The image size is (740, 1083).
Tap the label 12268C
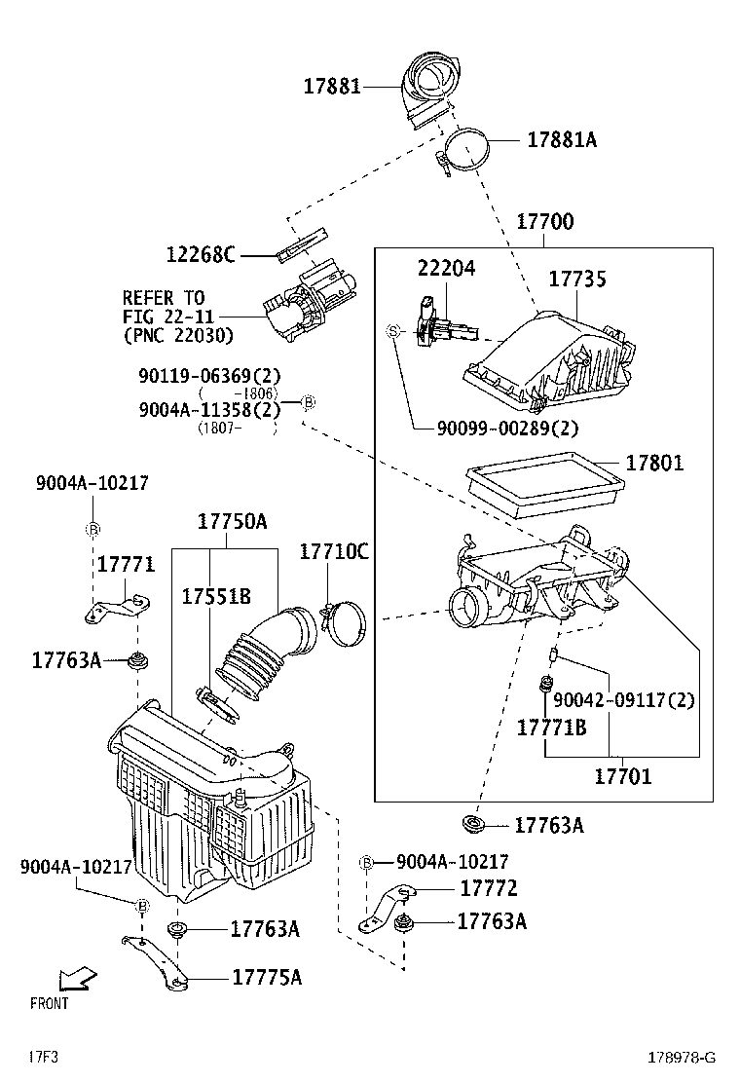(201, 255)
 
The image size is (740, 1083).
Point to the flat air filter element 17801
(542, 484)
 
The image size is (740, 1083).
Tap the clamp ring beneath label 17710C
(341, 622)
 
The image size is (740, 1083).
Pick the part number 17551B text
(216, 597)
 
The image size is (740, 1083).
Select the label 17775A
(266, 977)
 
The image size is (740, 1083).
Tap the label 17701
(623, 776)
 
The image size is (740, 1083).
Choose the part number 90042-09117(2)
(624, 699)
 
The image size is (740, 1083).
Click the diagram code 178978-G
(683, 1057)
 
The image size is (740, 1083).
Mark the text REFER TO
(163, 298)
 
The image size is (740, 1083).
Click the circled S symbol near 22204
(394, 331)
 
